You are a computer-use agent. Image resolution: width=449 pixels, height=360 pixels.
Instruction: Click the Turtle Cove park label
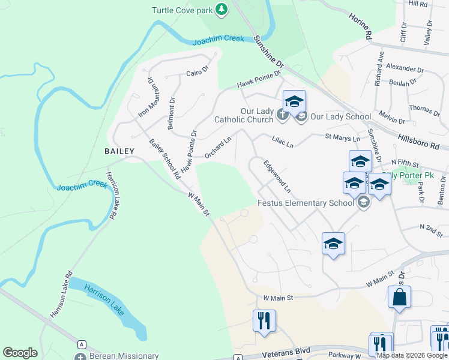[182, 10]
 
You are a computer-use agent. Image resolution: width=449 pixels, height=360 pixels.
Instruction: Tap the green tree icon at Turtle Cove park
[222, 9]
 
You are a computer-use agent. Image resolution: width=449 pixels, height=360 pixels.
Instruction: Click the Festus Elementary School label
[306, 203]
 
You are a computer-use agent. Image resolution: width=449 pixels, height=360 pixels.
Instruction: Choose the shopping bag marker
[399, 298]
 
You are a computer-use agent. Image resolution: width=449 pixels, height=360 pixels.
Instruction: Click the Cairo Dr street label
[196, 73]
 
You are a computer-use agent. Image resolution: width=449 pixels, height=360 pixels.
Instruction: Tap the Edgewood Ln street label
[277, 176]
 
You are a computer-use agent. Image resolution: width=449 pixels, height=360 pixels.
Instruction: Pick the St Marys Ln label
[342, 139]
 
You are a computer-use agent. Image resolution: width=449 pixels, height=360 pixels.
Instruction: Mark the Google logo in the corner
[20, 353]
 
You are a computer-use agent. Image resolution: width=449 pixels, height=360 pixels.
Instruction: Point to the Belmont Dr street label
[172, 112]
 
